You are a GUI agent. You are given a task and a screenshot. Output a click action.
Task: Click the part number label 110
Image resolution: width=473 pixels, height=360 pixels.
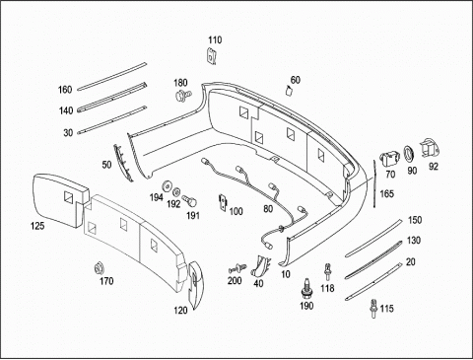tap(215, 40)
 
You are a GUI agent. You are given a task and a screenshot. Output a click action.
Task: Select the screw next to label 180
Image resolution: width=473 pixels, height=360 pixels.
tap(182, 96)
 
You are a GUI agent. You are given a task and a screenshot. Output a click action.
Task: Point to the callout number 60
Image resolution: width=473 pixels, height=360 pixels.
tap(296, 80)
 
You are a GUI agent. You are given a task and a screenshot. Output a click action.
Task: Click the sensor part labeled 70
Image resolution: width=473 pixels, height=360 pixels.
tap(388, 159)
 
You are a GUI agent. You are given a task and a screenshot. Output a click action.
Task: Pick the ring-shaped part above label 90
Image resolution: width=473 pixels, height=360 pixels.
tap(409, 154)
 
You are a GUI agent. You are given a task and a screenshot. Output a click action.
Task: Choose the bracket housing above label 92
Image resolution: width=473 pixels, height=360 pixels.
tap(429, 149)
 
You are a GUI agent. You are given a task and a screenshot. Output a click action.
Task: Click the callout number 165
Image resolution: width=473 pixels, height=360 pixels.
tap(386, 193)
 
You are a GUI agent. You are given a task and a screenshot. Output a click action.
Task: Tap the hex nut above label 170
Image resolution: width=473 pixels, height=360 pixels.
tap(99, 268)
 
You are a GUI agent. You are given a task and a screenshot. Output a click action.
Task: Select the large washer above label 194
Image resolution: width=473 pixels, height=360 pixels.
tap(168, 186)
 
